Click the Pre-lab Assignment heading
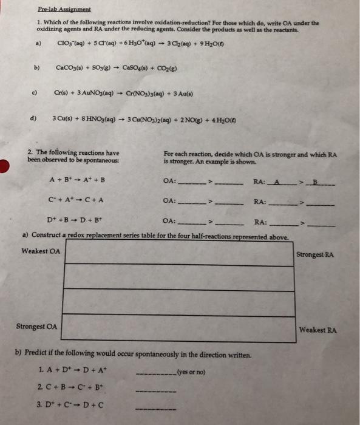click(63, 10)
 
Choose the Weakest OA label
click(41, 251)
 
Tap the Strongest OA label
click(36, 327)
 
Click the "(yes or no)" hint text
click(191, 372)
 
